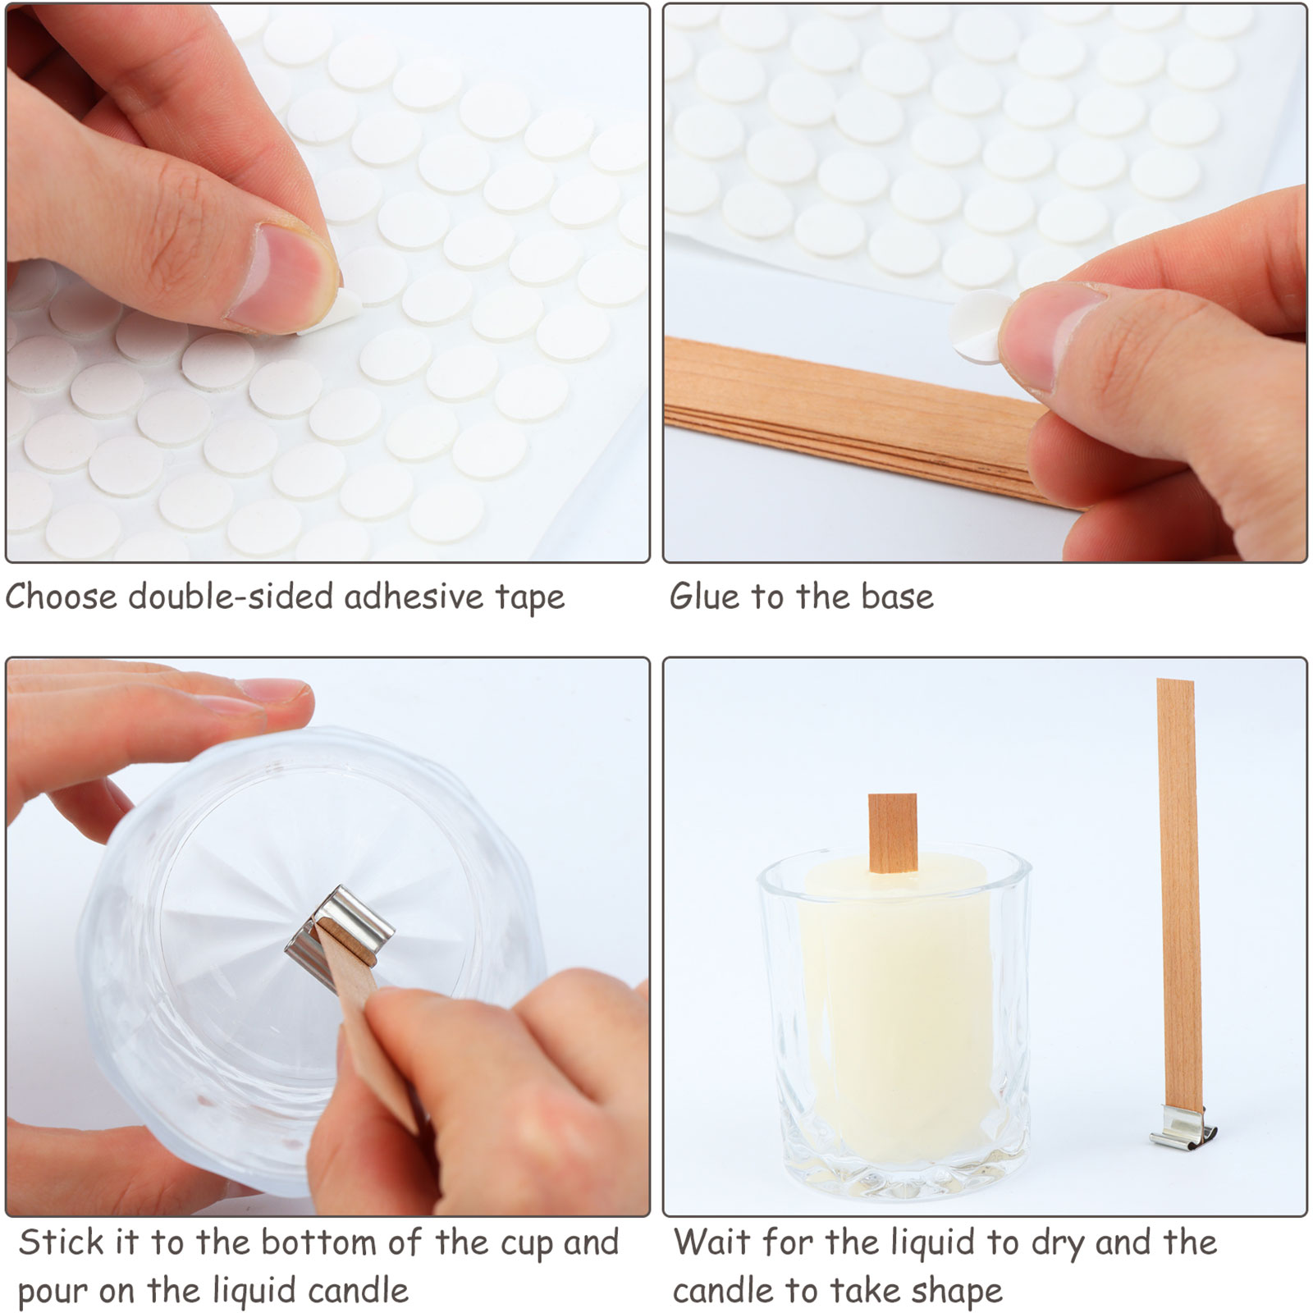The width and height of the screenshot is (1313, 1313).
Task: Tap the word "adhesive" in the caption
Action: click(414, 597)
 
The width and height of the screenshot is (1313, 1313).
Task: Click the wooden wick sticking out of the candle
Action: click(892, 833)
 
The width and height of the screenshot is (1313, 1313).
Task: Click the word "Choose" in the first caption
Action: click(62, 597)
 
